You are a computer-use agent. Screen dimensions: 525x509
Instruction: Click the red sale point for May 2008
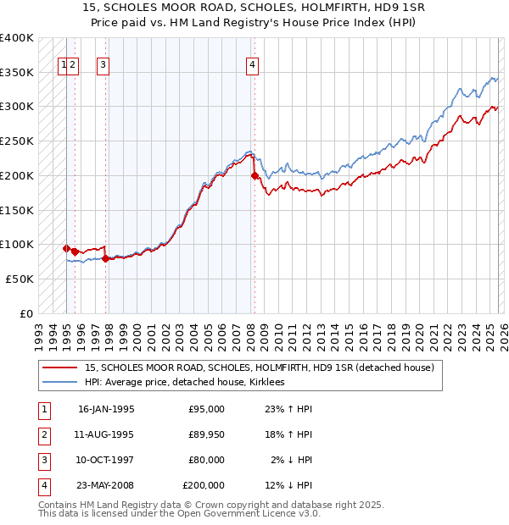pos(255,176)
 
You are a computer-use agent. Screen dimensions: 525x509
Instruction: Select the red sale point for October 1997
pos(105,258)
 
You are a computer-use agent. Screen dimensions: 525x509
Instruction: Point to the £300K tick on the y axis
pos(17,107)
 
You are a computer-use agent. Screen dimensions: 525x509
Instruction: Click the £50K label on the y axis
pos(20,279)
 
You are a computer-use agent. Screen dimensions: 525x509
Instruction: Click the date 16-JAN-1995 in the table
pos(106,409)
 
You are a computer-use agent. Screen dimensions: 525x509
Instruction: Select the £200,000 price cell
pos(204,485)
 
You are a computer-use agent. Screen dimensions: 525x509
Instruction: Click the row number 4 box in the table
pos(42,485)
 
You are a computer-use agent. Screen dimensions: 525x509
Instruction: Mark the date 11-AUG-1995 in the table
pos(106,434)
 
